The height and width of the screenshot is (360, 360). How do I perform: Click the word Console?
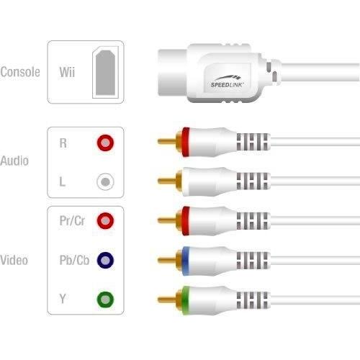(x=20, y=72)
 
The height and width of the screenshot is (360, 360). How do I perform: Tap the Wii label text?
(x=67, y=72)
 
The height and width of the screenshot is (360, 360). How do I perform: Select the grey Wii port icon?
(x=106, y=73)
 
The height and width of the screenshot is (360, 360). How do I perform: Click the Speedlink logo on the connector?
(x=227, y=81)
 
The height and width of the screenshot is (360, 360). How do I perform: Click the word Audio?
(x=14, y=161)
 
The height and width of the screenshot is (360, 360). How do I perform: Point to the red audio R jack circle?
(x=105, y=143)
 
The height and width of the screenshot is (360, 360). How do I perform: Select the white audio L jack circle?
(x=105, y=181)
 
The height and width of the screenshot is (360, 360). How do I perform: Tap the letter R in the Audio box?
(x=63, y=143)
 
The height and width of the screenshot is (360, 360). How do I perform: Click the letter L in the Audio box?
(x=63, y=181)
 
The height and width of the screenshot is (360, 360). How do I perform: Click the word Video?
(x=14, y=260)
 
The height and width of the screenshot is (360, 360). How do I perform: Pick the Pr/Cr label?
(x=72, y=220)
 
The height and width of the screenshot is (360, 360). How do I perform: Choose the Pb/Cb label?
(x=74, y=260)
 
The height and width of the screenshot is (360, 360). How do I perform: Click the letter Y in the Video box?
(x=63, y=299)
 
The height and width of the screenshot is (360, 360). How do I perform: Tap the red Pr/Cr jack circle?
(x=105, y=220)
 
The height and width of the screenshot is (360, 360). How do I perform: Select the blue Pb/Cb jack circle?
(x=105, y=260)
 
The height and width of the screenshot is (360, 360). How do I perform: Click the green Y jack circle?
(x=105, y=300)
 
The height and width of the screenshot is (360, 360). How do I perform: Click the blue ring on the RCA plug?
(x=185, y=261)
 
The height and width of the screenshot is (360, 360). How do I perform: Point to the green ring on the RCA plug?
(x=185, y=300)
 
